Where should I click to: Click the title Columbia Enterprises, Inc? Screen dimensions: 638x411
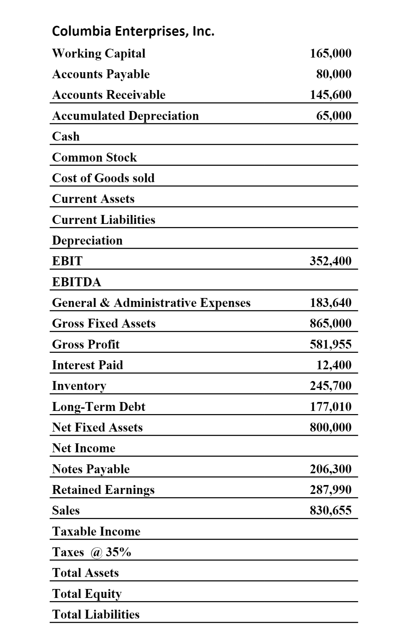pos(133,31)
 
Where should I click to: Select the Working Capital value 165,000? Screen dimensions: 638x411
pos(331,53)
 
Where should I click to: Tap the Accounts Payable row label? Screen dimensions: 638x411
pos(101,74)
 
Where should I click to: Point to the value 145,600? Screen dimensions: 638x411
pos(331,95)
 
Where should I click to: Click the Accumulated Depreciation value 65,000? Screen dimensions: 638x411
pos(334,115)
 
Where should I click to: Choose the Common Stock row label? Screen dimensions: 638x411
pos(94,157)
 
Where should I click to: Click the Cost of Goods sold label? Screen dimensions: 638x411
pos(103,178)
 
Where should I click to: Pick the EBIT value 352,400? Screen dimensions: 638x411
pos(331,261)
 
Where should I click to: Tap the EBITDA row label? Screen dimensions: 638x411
pos(77,282)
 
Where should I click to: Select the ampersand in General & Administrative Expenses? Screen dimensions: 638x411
pos(105,302)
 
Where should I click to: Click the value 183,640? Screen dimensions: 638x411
pos(331,302)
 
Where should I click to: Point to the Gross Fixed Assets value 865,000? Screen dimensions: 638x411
pos(331,323)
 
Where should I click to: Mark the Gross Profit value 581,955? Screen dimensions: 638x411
pos(331,344)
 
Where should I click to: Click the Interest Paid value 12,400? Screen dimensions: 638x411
pos(334,365)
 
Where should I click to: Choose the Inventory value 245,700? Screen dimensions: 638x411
pos(331,385)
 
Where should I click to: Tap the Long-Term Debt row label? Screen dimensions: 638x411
pos(99,406)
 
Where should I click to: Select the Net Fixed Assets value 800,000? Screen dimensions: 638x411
pos(331,427)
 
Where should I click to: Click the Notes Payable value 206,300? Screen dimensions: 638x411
pos(331,469)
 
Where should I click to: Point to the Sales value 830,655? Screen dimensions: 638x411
pos(331,510)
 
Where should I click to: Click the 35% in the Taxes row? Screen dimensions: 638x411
pos(118,552)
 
